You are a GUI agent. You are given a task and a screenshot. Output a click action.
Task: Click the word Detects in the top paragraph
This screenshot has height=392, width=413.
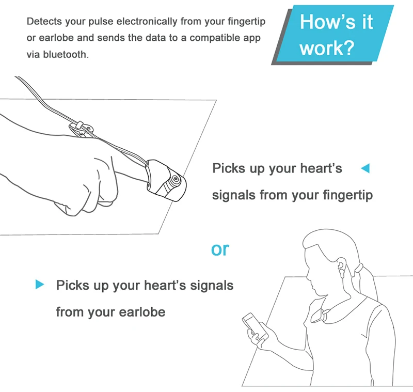pos(43,22)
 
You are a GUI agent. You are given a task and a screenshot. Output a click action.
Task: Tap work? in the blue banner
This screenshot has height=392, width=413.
pos(327,48)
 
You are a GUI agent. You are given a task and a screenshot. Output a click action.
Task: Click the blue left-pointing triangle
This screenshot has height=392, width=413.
pos(365,168)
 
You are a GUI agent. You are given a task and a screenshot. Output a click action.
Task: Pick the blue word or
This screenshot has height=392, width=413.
pos(220,249)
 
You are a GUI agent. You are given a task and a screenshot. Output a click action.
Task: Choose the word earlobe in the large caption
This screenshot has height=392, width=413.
pos(142,312)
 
